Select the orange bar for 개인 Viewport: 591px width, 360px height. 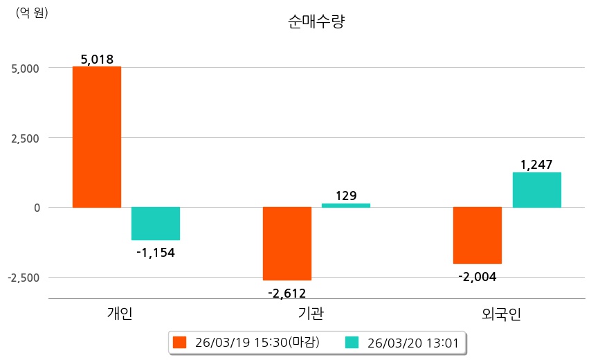[x=97, y=137]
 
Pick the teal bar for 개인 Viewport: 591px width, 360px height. [x=156, y=224]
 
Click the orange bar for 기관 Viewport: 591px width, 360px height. [x=287, y=244]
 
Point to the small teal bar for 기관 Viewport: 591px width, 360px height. [x=346, y=205]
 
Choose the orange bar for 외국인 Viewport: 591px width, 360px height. [x=478, y=235]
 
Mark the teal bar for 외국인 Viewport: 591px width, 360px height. [x=536, y=190]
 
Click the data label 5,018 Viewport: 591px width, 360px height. [x=97, y=60]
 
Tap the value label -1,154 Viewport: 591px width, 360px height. [x=156, y=253]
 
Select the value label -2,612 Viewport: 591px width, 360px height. [x=287, y=293]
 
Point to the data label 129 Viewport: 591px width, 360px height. [x=346, y=196]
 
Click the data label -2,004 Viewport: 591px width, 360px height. [x=478, y=277]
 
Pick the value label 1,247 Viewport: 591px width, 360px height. [x=536, y=165]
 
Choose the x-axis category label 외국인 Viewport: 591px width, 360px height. [x=502, y=314]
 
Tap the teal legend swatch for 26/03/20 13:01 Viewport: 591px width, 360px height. [x=352, y=342]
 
